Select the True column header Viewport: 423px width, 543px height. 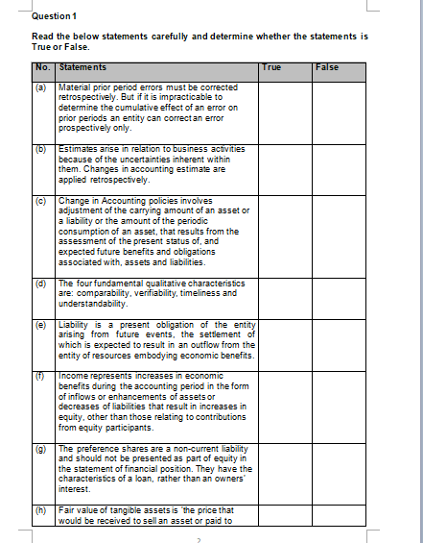point(271,67)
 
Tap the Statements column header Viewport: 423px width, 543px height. point(82,67)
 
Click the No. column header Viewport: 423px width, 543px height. point(43,67)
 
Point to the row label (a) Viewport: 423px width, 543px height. point(42,86)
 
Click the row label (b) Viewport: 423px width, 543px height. point(42,149)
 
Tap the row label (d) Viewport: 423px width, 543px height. point(42,284)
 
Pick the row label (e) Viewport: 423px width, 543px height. point(42,325)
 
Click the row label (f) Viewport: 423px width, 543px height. point(42,376)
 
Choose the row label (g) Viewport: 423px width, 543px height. point(42,448)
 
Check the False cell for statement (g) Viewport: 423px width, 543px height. point(340,471)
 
